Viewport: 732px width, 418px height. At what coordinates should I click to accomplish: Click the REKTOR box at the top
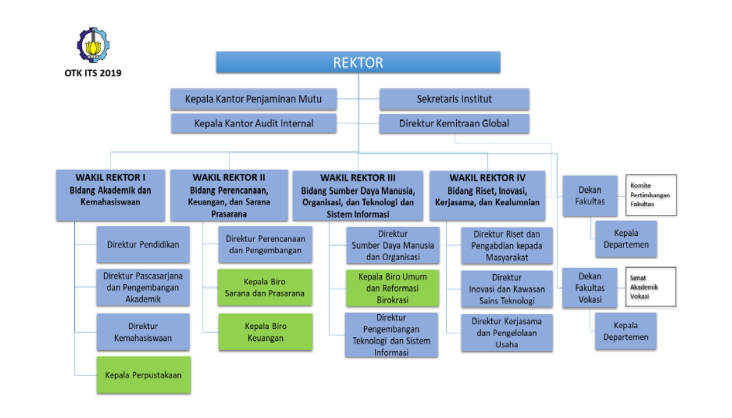[x=358, y=62]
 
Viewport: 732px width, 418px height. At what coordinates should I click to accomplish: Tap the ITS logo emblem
[x=93, y=45]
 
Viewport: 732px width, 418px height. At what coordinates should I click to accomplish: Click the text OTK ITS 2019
[x=93, y=73]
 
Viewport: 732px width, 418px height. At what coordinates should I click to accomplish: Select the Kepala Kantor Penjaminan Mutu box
[x=254, y=99]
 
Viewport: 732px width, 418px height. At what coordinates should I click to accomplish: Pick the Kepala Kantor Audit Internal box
[x=254, y=123]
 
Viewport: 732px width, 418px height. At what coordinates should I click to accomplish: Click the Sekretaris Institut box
[x=454, y=99]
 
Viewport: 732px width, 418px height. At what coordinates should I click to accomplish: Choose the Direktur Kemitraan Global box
[x=454, y=123]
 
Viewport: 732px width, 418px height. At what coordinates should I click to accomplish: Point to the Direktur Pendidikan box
[x=143, y=244]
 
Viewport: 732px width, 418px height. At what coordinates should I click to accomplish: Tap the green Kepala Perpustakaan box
[x=143, y=375]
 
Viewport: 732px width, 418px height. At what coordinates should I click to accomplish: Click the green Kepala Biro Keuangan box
[x=266, y=332]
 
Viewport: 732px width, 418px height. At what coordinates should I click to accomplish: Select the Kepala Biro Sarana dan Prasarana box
[x=266, y=287]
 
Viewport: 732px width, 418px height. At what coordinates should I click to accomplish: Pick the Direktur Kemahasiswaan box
[x=143, y=332]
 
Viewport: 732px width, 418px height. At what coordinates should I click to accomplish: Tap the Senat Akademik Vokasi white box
[x=650, y=287]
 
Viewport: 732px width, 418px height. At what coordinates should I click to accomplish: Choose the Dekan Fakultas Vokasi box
[x=590, y=287]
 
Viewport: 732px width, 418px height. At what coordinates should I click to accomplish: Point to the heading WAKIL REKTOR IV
[x=487, y=178]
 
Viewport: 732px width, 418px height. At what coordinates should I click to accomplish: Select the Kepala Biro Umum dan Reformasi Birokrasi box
[x=392, y=288]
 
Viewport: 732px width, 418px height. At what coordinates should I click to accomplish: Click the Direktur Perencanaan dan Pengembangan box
[x=266, y=244]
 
